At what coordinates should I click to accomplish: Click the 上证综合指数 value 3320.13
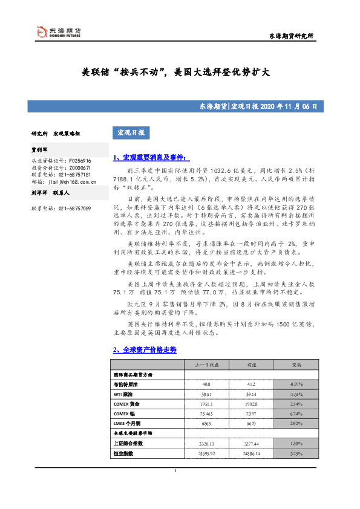(208, 443)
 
